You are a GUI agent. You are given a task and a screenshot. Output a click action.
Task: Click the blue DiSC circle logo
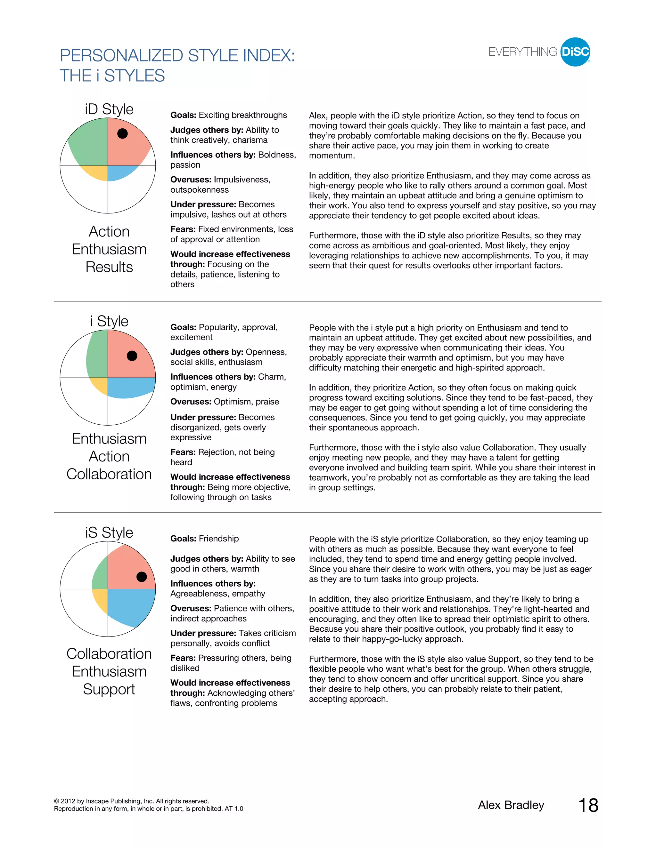(575, 52)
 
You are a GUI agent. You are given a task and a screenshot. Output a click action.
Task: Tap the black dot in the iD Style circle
(122, 133)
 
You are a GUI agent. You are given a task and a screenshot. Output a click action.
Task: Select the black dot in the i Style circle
(132, 356)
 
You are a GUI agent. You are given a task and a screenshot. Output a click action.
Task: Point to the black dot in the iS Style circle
(142, 577)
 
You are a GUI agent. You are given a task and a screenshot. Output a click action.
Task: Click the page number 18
(588, 805)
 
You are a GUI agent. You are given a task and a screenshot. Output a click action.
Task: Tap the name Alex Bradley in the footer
(511, 805)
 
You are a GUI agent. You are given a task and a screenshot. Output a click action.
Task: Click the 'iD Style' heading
(109, 109)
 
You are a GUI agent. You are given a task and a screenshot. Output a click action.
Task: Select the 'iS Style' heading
(109, 532)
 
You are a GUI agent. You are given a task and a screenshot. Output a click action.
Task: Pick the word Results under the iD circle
(109, 267)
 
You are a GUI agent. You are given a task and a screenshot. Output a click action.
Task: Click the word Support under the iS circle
(109, 689)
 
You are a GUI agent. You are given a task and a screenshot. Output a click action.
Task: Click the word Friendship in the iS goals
(219, 539)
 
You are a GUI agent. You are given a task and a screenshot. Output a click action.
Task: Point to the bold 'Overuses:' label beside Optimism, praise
(191, 402)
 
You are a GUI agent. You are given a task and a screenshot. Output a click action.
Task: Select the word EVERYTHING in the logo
(523, 52)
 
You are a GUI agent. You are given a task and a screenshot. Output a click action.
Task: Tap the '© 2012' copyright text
(68, 801)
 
